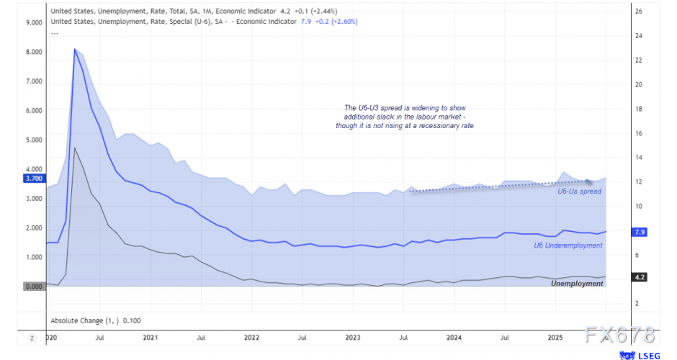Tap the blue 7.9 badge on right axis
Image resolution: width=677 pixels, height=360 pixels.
pyautogui.click(x=638, y=233)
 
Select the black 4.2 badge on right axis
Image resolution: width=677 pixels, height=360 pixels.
pyautogui.click(x=638, y=277)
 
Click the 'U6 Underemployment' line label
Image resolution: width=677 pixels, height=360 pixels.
pyautogui.click(x=568, y=246)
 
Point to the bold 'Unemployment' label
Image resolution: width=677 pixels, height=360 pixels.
pyautogui.click(x=577, y=284)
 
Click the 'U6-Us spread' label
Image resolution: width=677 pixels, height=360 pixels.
pyautogui.click(x=579, y=191)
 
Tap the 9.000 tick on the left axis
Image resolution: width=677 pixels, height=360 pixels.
pyautogui.click(x=33, y=22)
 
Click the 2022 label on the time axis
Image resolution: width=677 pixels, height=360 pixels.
pyautogui.click(x=251, y=337)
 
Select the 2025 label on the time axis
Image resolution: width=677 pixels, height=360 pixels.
pyautogui.click(x=555, y=337)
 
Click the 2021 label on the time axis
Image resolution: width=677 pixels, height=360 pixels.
pyautogui.click(x=150, y=337)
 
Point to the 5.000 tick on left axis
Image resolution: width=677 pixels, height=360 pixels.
pyautogui.click(x=33, y=140)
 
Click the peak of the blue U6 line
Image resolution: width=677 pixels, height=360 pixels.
pyautogui.click(x=74, y=49)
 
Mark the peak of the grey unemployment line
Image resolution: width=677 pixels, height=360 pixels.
pyautogui.click(x=75, y=148)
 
